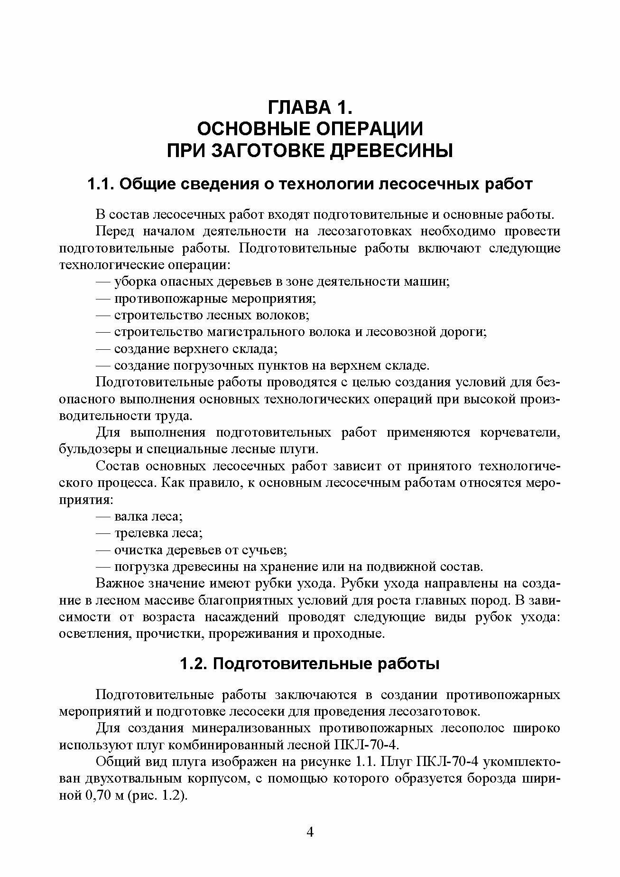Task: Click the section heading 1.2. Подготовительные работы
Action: coord(310,664)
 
